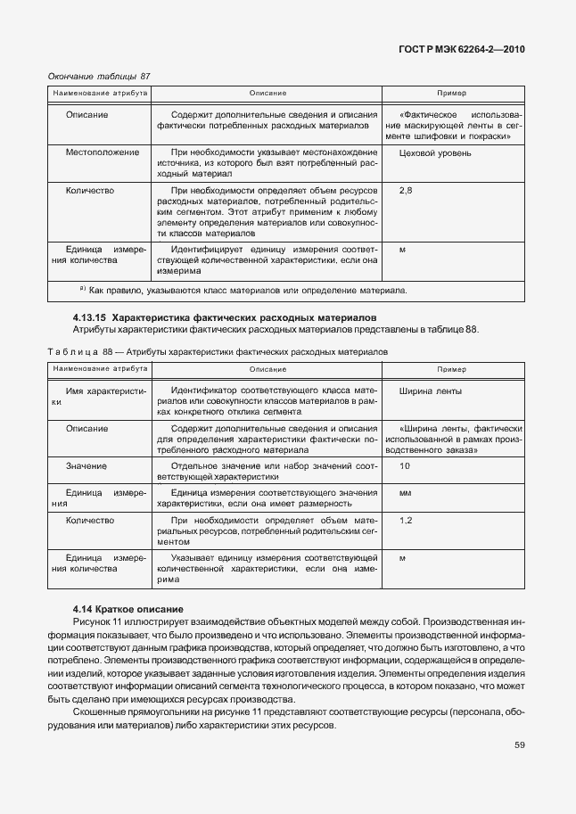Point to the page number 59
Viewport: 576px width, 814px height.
[x=519, y=746]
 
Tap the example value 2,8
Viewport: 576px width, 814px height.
[x=406, y=191]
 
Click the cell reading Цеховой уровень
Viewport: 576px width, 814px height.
[x=436, y=152]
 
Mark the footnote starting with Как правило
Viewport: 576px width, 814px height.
[x=246, y=291]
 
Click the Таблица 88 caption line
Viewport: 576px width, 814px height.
[x=218, y=352]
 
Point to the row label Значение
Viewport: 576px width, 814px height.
[x=86, y=466]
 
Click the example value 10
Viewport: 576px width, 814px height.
[x=405, y=466]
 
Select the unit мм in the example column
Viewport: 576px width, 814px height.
[x=404, y=493]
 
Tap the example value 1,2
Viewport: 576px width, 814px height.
[x=406, y=520]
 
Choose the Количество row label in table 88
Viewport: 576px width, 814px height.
[x=90, y=520]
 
